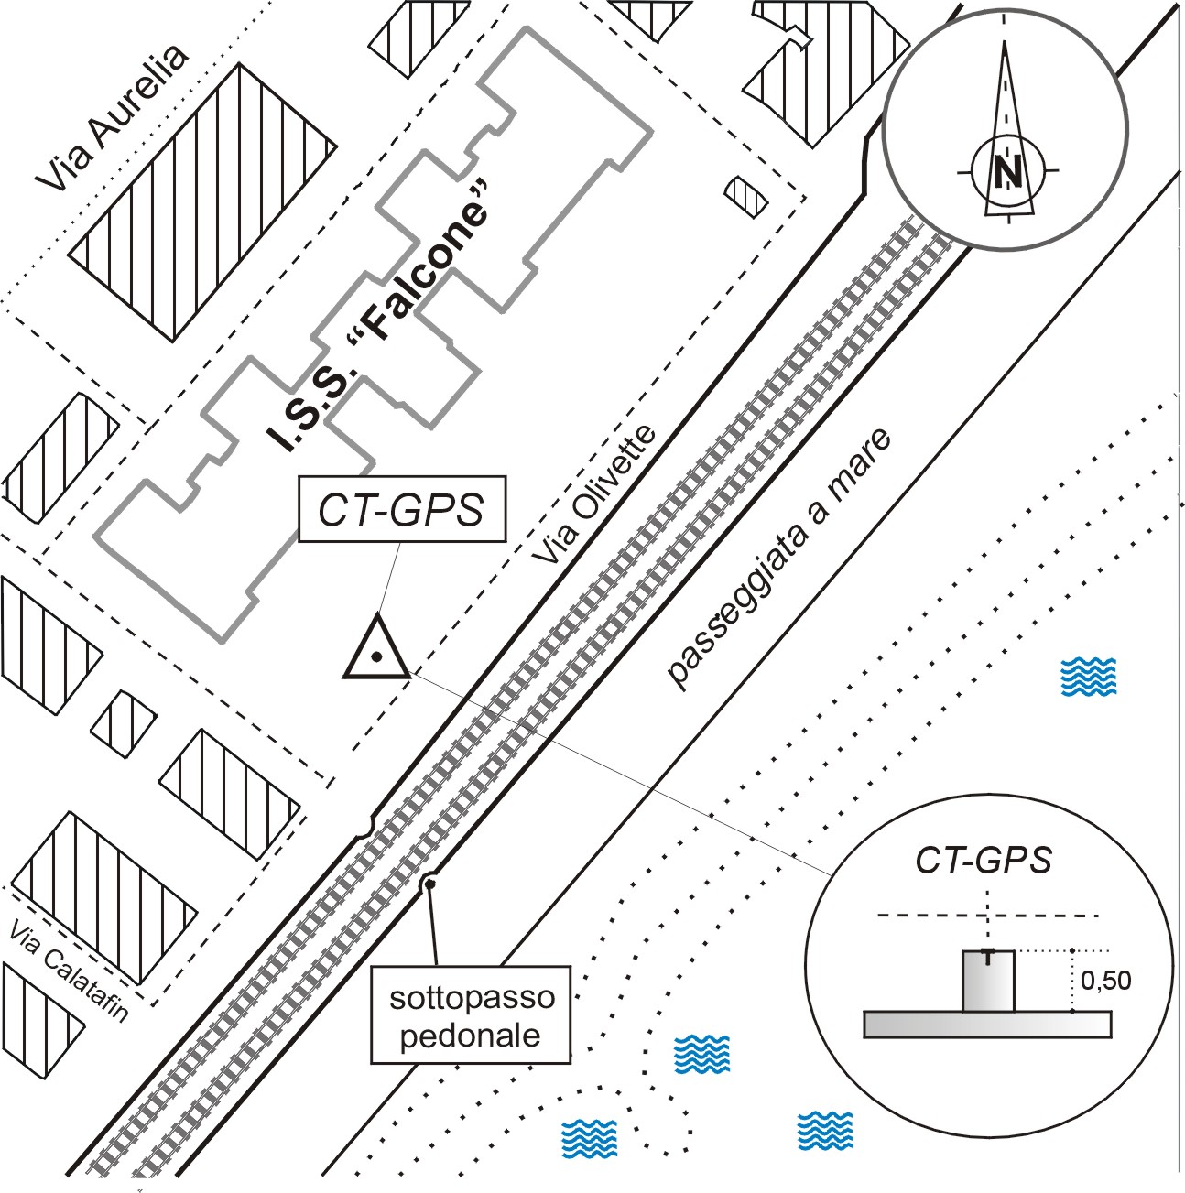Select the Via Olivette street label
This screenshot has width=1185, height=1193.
(x=596, y=495)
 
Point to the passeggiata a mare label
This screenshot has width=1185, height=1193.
(x=779, y=558)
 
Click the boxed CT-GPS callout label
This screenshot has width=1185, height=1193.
(x=401, y=510)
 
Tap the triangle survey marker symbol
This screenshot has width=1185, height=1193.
(x=375, y=652)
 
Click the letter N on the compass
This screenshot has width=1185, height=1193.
(x=1008, y=171)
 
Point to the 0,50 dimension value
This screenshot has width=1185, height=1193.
(x=1105, y=981)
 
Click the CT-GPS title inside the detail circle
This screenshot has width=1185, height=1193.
(x=983, y=860)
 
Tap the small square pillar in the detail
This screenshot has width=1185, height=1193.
(x=988, y=982)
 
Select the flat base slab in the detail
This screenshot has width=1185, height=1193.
(x=987, y=1025)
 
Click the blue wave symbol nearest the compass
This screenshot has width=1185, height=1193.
(x=1087, y=677)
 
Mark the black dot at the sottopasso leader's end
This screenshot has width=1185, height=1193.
(x=427, y=884)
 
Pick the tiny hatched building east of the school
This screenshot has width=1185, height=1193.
(x=744, y=194)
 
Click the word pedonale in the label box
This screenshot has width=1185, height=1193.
(x=471, y=1036)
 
